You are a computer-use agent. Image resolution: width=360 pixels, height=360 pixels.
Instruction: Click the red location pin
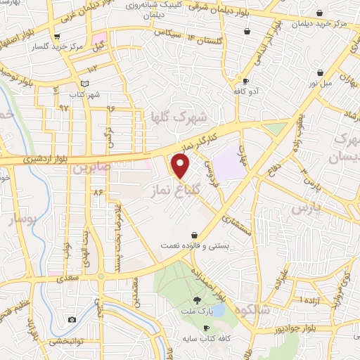click(181, 167)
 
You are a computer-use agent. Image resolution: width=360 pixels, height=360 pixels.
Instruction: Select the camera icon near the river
click(72, 320)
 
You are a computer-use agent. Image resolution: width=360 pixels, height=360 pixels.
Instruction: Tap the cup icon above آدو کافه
click(245, 81)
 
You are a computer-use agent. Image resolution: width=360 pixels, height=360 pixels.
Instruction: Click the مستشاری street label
click(236, 224)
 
